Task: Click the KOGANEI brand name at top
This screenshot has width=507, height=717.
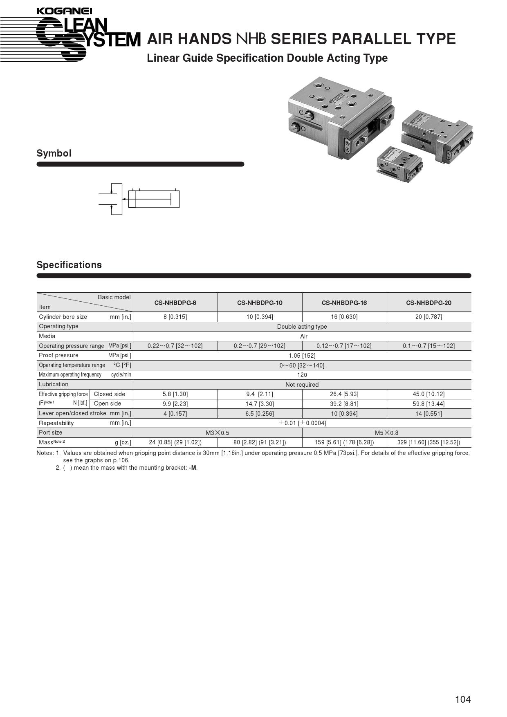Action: pos(64,11)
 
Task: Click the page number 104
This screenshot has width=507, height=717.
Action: pos(463,699)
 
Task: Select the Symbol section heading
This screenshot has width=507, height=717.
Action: pos(54,153)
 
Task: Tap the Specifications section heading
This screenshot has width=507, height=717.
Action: pos(69,265)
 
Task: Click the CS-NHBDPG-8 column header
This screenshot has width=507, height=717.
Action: pos(175,303)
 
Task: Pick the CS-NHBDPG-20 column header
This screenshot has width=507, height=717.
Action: pos(428,303)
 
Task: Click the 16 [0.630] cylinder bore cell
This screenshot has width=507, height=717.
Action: pos(344,317)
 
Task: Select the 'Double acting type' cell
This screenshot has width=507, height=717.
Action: pos(302,327)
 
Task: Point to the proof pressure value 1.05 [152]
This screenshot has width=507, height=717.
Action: pos(302,356)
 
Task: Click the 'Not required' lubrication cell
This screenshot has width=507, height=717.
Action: pos(302,385)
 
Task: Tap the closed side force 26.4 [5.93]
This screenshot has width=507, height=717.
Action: pos(344,394)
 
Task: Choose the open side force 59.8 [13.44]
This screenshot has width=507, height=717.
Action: pos(428,404)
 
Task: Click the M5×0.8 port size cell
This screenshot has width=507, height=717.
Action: pos(386,433)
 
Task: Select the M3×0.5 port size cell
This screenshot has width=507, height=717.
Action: pos(217,433)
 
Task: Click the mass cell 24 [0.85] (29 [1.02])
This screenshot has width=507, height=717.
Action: pos(175,442)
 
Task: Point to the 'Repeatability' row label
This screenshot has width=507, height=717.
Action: pos(56,423)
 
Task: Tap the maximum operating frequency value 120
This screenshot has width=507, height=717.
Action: pos(302,375)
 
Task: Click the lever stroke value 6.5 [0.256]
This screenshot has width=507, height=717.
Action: pos(260,414)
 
